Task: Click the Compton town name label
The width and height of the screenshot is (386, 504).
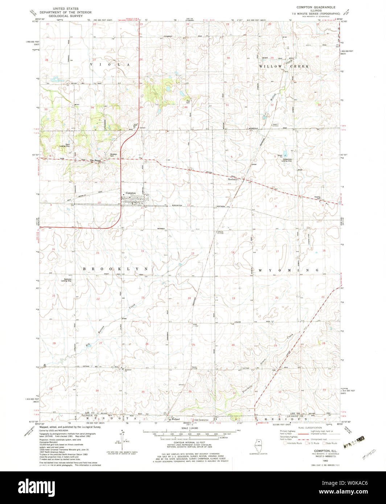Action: coord(131,193)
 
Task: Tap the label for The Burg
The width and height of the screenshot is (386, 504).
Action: coord(95,160)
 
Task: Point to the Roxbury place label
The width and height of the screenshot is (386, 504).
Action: coord(232,179)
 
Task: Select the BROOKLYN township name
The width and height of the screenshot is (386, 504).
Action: coord(115,269)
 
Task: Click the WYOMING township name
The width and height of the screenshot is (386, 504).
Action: coord(289,270)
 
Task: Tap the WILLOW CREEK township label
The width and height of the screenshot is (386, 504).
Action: coord(284,67)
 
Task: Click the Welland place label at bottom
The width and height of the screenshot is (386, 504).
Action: coord(176,420)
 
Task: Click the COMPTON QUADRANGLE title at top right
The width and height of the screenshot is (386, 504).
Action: coord(316,7)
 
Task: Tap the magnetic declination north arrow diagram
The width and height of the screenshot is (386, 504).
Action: coord(123,439)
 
